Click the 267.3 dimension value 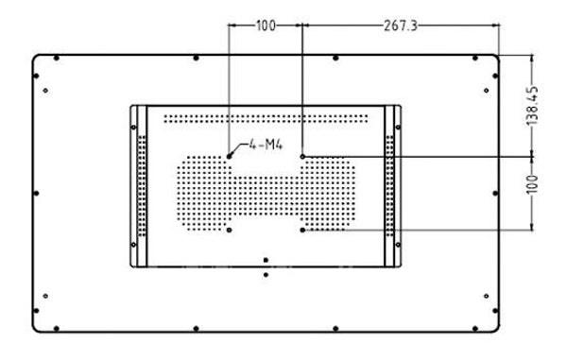[x=401, y=26]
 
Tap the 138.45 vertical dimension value [x=532, y=106]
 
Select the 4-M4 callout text [x=266, y=145]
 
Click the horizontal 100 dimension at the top [x=266, y=26]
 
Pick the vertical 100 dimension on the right [x=532, y=184]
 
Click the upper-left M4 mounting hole [x=229, y=156]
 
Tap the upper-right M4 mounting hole [x=302, y=157]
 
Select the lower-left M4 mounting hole [x=229, y=230]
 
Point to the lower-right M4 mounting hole [x=302, y=230]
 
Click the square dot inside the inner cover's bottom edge [x=266, y=260]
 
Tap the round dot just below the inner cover [x=266, y=275]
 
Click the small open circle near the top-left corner [x=45, y=91]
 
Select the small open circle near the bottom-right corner [x=486, y=296]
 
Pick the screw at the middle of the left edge [x=36, y=194]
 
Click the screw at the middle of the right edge [x=495, y=194]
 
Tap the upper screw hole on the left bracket [x=133, y=128]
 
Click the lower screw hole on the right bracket [x=398, y=245]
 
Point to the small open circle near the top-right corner [x=486, y=91]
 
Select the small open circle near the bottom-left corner [x=45, y=296]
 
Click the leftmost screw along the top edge [x=57, y=59]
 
